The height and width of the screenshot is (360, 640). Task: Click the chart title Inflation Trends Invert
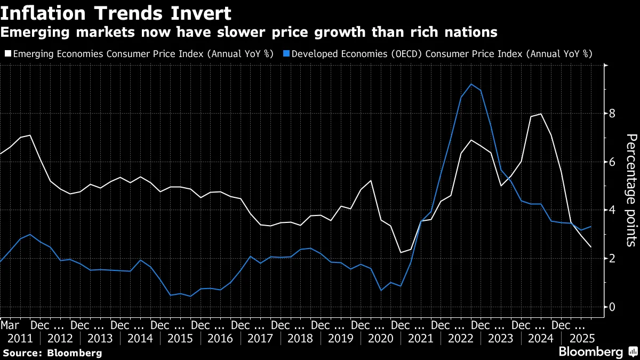click(116, 12)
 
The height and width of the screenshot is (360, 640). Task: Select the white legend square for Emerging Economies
click(7, 53)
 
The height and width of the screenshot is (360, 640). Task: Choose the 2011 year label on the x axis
click(21, 339)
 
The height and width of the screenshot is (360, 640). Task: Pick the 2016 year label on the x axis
click(221, 339)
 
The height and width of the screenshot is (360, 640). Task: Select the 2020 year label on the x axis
click(380, 339)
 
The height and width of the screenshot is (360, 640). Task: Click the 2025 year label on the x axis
click(580, 339)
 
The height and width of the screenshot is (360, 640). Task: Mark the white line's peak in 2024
click(541, 114)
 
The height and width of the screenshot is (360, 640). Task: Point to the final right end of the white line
click(591, 247)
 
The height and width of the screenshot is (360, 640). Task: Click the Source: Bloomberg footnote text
click(52, 353)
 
